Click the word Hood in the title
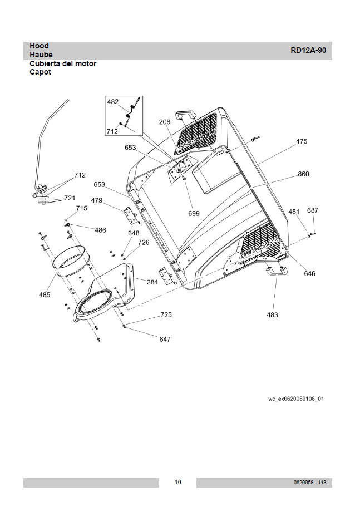click(x=39, y=46)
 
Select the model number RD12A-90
click(x=308, y=50)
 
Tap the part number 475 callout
click(x=302, y=141)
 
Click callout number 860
click(x=303, y=174)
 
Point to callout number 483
click(x=272, y=314)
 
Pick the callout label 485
click(x=45, y=294)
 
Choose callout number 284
click(x=152, y=282)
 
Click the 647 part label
click(x=165, y=339)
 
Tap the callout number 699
click(x=194, y=213)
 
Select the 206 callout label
click(x=165, y=122)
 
